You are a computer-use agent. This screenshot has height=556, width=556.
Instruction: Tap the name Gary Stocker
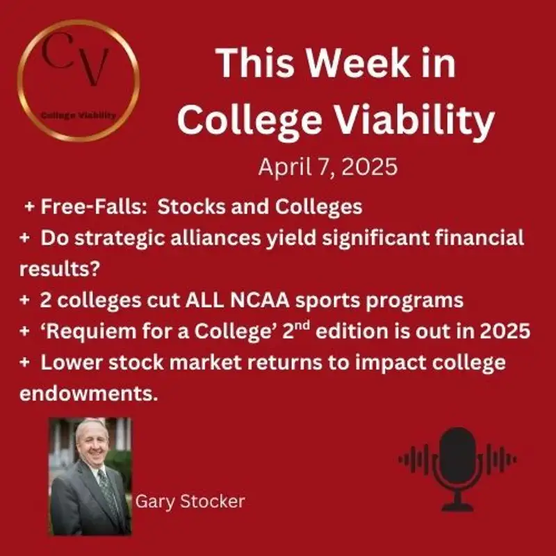pyautogui.click(x=190, y=501)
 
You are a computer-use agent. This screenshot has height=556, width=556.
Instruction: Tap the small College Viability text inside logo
pyautogui.click(x=79, y=115)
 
